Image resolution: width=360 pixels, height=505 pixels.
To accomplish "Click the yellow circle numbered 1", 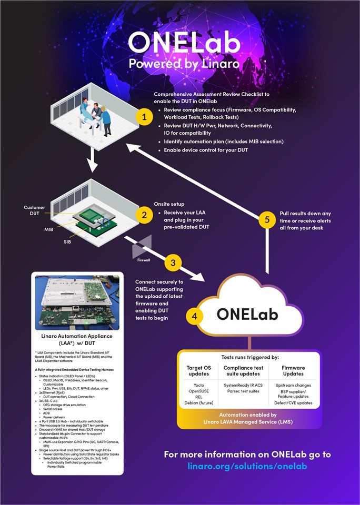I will [144, 117].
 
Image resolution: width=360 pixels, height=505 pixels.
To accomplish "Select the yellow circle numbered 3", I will [174, 262].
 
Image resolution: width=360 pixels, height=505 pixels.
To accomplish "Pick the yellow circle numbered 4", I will [195, 316].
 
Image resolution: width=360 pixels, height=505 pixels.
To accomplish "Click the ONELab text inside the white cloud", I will [249, 314].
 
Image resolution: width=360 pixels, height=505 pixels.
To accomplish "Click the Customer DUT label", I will [35, 210].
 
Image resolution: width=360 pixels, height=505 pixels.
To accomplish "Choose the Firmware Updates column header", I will [293, 370].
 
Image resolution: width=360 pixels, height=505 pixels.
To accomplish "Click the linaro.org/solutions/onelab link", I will [247, 466].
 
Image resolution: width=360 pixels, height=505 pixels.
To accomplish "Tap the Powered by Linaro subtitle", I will [179, 64].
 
